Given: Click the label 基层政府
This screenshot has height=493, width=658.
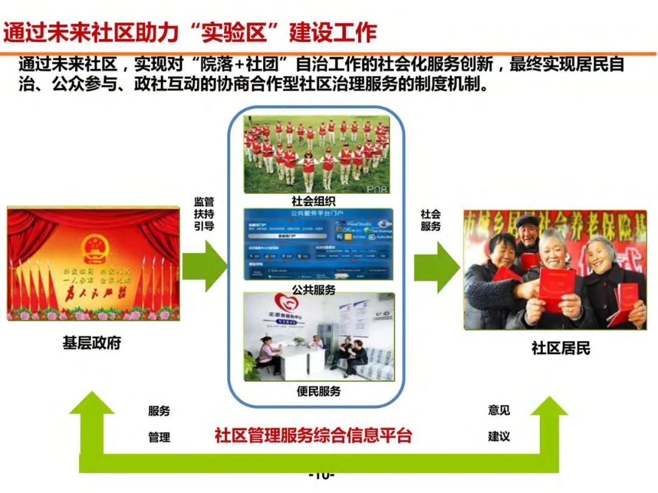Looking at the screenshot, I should [92, 343].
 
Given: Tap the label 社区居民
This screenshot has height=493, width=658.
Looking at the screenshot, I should [561, 348].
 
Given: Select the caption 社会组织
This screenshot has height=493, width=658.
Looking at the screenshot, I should [314, 201].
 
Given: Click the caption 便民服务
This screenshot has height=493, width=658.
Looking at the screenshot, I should [319, 391].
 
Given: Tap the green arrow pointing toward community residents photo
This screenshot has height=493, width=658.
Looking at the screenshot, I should [436, 266].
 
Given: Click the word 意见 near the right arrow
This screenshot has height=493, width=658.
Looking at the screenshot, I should [498, 410].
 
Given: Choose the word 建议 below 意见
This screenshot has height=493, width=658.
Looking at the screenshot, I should [498, 436].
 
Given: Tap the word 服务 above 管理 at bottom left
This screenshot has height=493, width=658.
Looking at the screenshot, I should [159, 411].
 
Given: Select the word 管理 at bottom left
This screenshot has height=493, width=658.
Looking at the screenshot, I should [159, 437].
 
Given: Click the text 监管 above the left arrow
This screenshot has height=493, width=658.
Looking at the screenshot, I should [204, 202].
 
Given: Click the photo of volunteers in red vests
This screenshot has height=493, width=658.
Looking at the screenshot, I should [316, 154].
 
